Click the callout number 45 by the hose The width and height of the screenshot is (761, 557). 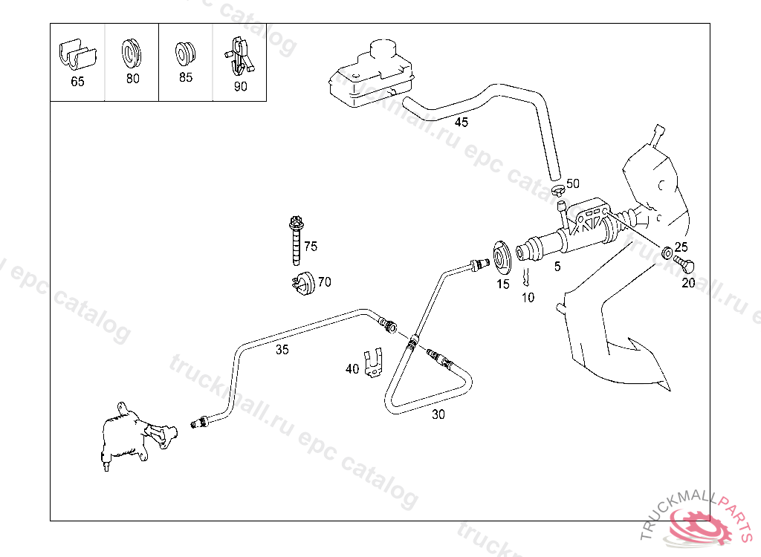462,123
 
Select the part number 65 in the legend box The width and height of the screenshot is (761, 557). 77,82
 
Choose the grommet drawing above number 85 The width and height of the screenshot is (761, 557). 185,53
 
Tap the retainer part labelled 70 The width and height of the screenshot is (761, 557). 301,284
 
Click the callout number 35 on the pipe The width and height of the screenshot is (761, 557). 282,350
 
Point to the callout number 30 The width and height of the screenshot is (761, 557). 438,415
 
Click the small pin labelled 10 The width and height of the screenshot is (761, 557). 525,278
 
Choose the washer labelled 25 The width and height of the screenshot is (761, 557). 668,251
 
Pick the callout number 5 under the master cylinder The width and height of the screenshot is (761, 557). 557,266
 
